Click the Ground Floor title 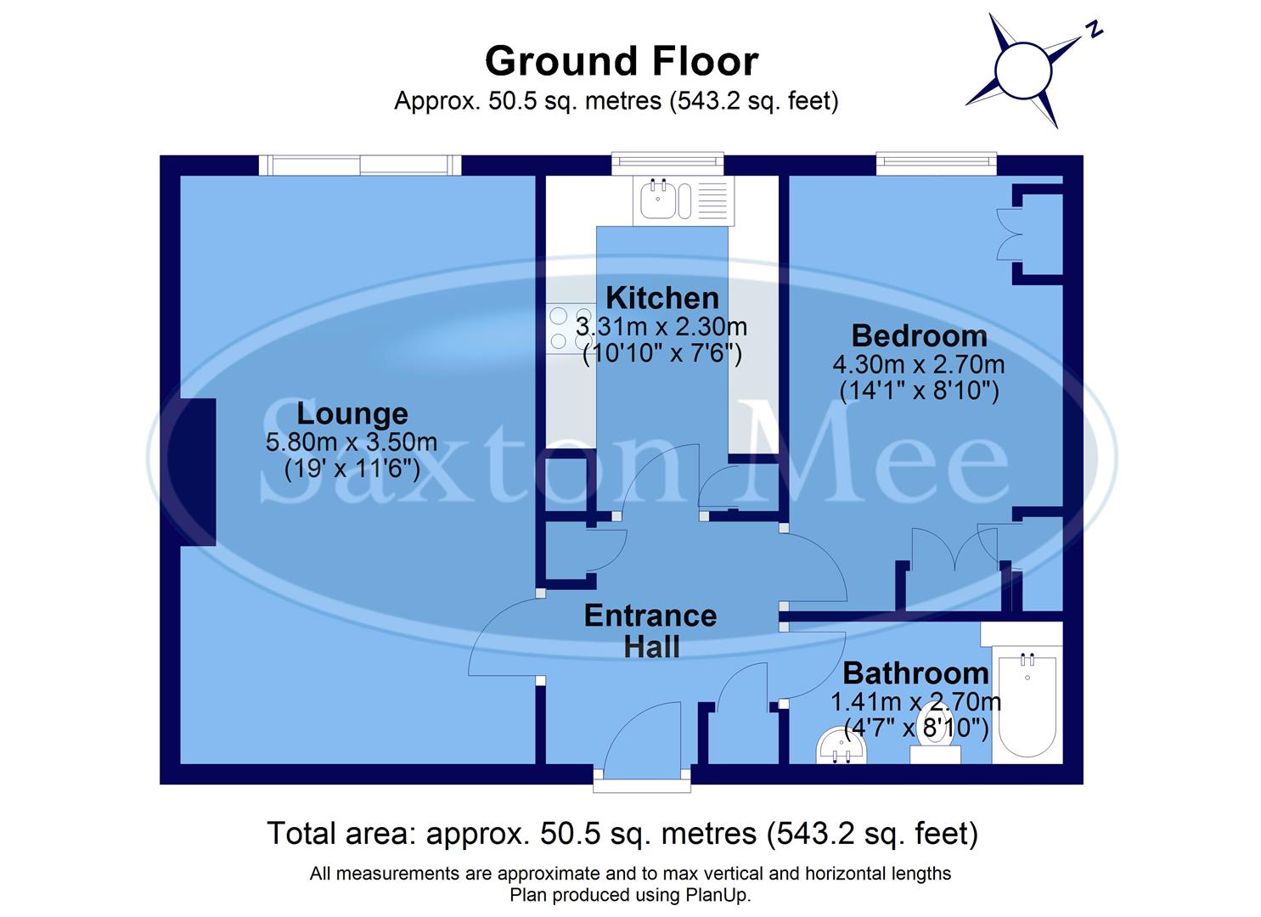click(x=621, y=62)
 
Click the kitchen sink click(x=658, y=201)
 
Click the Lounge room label click(x=352, y=414)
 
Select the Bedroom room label click(x=919, y=336)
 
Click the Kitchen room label click(x=661, y=298)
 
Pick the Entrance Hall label click(x=650, y=631)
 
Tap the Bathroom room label click(x=915, y=673)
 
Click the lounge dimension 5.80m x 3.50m click(x=352, y=442)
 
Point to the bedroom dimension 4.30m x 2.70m click(x=919, y=365)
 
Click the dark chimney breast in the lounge click(x=196, y=472)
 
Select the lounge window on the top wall click(x=360, y=165)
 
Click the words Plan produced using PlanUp click(x=630, y=895)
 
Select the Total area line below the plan click(x=622, y=834)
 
